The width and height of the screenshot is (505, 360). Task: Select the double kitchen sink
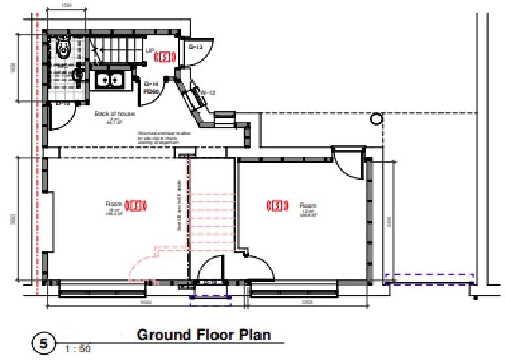(110, 81)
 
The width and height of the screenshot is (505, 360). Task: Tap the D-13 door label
(195, 47)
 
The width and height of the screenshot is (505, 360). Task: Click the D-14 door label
(151, 85)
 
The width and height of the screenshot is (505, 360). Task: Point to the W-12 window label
(208, 92)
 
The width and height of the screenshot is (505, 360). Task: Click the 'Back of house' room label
(115, 113)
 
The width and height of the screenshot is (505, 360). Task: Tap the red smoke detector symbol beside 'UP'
(166, 57)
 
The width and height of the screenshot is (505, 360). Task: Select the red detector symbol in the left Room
(135, 206)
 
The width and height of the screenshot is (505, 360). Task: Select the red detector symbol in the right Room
(277, 206)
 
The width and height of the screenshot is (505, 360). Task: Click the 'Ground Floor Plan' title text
(202, 335)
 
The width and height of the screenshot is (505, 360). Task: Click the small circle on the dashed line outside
(375, 119)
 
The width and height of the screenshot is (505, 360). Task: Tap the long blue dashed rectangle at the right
(429, 279)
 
